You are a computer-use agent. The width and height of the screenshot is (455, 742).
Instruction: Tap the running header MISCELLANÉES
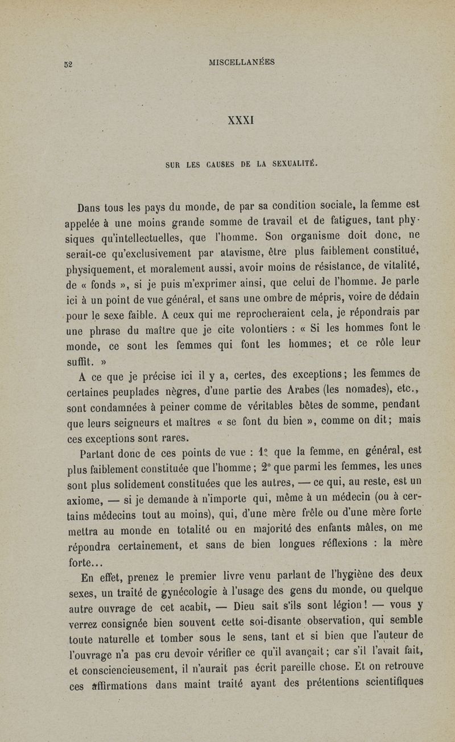click(234, 62)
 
